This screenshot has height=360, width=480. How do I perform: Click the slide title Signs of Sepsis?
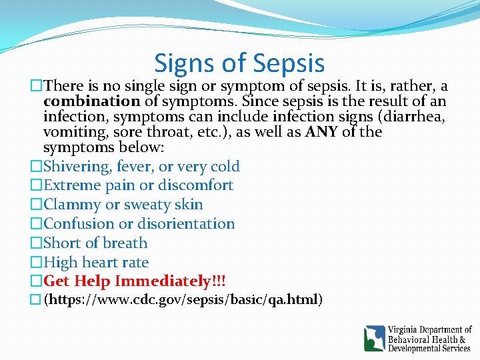tap(239, 63)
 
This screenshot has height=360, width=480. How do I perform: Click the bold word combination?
tap(91, 102)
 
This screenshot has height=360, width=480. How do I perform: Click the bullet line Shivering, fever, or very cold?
tap(141, 166)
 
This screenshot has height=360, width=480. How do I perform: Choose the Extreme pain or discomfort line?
tap(138, 185)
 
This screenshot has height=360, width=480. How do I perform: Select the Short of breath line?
tap(95, 243)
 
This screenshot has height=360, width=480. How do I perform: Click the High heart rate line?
tap(96, 263)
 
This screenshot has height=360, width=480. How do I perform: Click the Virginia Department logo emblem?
tap(375, 338)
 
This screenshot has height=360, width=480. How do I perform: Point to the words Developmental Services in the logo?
tap(429, 348)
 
